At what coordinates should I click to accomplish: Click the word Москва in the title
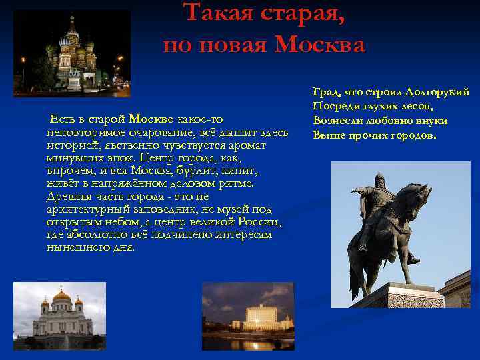click(320, 45)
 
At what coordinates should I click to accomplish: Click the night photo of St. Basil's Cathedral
click(72, 53)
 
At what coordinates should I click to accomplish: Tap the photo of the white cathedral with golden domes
click(60, 316)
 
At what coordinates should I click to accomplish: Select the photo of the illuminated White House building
click(249, 316)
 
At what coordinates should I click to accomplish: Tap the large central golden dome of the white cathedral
click(61, 296)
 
